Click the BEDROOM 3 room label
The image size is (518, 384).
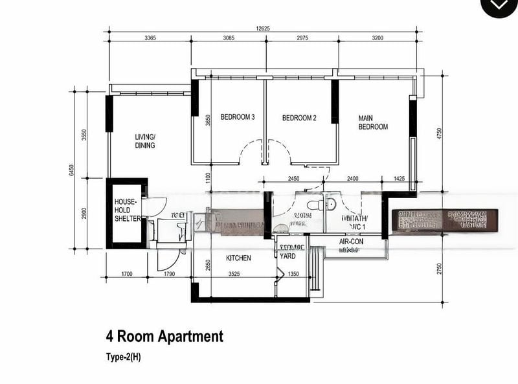coord(237,117)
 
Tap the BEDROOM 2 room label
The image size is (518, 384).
coord(299,118)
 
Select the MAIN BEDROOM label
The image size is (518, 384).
coord(373,122)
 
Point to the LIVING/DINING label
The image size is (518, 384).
coord(145,141)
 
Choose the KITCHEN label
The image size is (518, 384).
coord(238,258)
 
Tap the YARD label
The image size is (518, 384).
coord(287,256)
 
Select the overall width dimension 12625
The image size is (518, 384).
coord(263,28)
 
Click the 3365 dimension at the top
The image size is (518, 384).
coord(150,38)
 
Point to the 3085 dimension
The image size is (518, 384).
coord(229,38)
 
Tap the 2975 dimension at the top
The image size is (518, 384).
coord(302,38)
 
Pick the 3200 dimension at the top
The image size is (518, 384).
coord(377,38)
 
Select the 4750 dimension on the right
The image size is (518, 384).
coord(438,134)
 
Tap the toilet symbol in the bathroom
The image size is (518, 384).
coord(314,206)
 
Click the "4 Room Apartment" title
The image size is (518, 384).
coord(164,336)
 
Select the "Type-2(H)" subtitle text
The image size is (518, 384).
coord(123,357)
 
